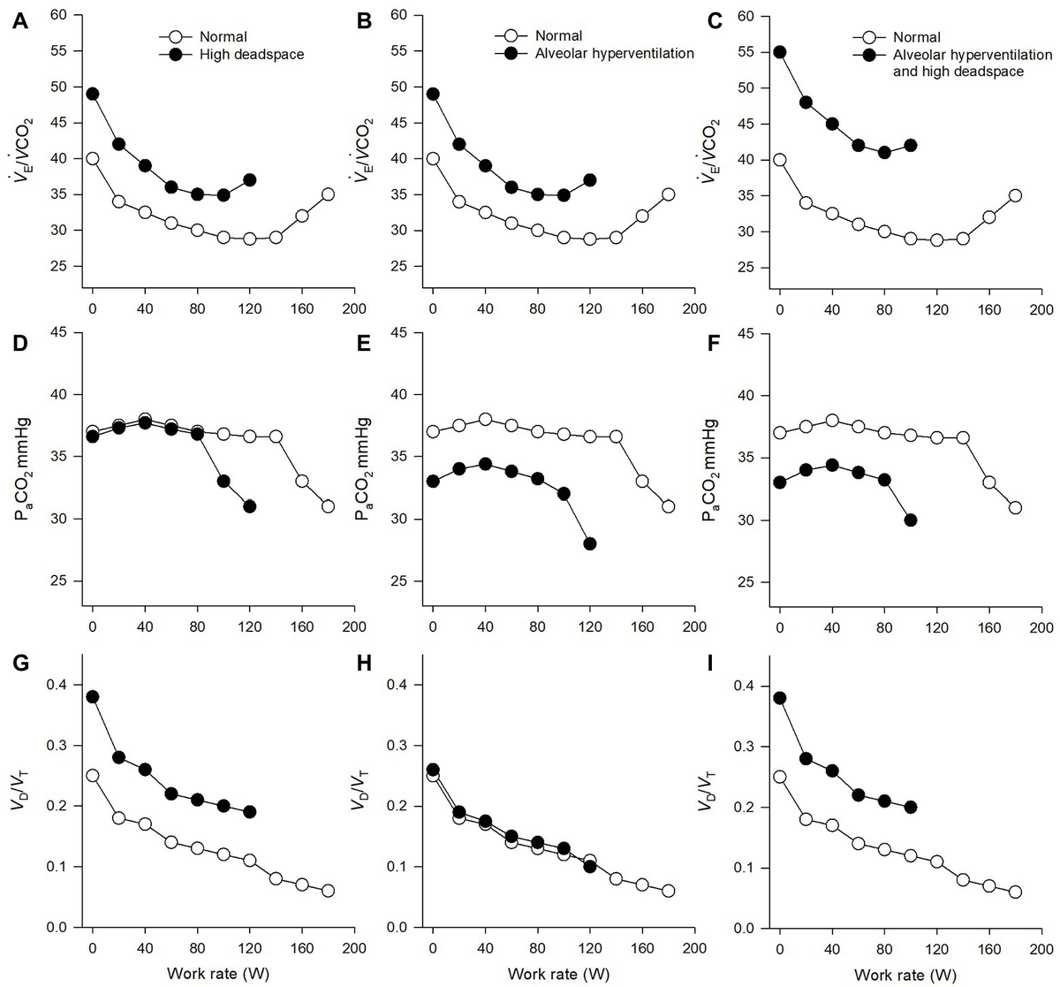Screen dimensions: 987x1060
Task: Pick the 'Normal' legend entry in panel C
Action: (x=915, y=38)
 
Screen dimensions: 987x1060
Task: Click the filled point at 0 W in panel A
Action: (x=92, y=94)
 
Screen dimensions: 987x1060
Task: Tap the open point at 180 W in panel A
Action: (x=328, y=194)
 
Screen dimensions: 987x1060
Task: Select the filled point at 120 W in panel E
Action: (x=589, y=543)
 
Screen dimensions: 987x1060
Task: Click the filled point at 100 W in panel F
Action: (x=910, y=520)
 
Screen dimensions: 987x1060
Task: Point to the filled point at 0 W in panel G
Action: (x=92, y=696)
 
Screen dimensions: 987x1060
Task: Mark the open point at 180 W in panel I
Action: (x=1015, y=892)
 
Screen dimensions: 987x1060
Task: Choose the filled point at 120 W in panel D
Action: (x=249, y=506)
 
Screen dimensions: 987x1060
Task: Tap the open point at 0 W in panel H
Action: (x=432, y=775)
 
